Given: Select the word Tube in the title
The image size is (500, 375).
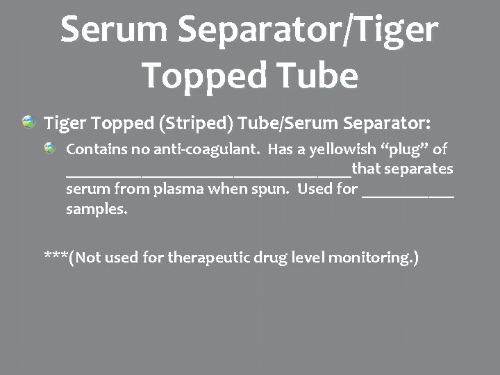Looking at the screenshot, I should [x=319, y=76].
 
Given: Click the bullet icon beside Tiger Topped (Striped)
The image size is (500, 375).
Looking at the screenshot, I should [x=28, y=122].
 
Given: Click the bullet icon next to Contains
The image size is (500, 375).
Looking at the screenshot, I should [x=50, y=148].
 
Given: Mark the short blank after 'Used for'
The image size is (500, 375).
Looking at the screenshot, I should [x=408, y=194].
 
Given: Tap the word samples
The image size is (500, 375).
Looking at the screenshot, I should [x=97, y=209].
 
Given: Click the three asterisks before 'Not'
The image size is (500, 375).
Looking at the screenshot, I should [x=56, y=256].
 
